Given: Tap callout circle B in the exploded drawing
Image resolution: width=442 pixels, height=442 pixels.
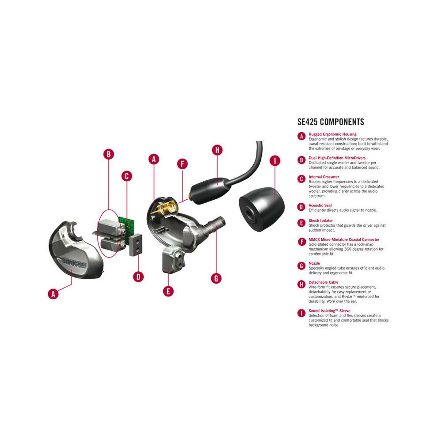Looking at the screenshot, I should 109,154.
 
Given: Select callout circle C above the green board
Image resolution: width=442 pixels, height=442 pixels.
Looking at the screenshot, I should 126,176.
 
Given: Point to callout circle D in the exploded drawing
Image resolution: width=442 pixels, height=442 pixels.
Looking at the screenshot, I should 138,277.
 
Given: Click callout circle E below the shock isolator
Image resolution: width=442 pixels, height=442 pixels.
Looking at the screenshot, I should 168,291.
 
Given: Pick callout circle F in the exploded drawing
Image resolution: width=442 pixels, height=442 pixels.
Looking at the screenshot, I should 182,164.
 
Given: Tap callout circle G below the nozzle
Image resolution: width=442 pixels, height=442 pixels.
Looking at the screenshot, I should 216,278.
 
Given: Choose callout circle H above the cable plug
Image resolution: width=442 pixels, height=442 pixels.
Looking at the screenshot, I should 217,150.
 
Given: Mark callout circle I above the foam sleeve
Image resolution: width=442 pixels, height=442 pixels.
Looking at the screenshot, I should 275,160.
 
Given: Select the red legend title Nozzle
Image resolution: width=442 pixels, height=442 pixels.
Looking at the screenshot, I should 314,263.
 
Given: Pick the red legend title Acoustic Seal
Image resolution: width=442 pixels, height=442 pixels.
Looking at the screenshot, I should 320,206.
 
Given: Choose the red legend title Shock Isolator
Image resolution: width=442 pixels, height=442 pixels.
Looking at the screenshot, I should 321,221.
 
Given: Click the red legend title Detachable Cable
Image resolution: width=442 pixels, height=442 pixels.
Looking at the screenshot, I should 324,282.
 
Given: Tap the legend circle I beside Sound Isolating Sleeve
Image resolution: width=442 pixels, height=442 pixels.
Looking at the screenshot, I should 301,313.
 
